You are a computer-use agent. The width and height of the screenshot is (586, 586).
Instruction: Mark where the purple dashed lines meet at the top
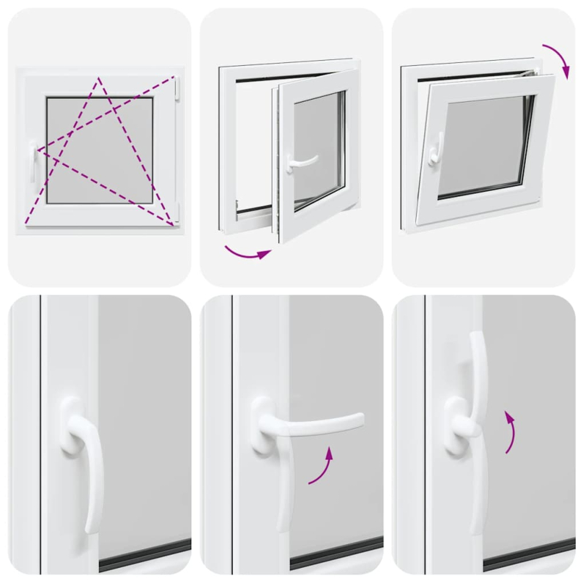coord(97,78)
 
